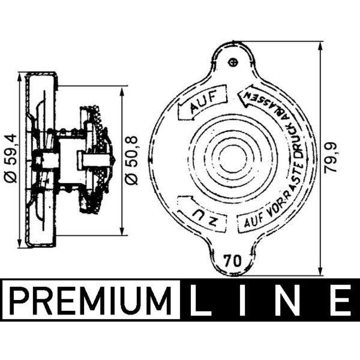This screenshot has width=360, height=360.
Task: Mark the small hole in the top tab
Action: pyautogui.click(x=235, y=61)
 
